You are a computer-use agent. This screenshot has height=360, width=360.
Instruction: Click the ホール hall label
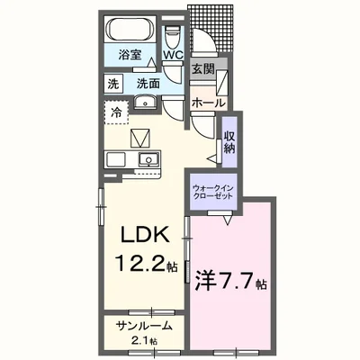point(208,103)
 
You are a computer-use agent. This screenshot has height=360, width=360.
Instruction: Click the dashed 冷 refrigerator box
point(117,113)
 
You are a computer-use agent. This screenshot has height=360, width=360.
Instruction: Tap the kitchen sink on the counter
point(146,161)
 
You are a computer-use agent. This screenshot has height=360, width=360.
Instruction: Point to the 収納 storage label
point(229,139)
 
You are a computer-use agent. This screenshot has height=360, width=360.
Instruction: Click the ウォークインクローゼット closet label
point(213,192)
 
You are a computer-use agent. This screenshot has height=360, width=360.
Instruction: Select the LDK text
point(140,236)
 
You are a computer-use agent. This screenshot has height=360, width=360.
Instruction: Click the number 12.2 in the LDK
point(135,264)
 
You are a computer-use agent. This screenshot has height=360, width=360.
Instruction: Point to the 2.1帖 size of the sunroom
point(142,341)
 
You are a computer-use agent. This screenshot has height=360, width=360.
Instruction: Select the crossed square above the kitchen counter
point(139,139)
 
